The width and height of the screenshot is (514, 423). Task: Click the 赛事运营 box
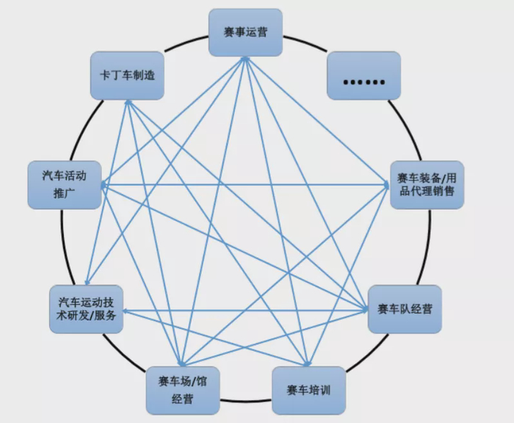click(245, 32)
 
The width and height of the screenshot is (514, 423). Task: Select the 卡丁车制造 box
click(127, 75)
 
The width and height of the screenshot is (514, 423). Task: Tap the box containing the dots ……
click(363, 76)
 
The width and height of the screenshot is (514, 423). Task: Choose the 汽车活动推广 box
click(64, 184)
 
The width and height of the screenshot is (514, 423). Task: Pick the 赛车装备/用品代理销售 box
click(426, 184)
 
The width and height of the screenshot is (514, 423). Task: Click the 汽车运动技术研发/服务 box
click(86, 309)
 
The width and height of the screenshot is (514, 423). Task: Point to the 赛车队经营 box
click(405, 308)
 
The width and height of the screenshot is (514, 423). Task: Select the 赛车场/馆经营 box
click(182, 390)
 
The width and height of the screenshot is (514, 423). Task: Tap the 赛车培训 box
click(308, 389)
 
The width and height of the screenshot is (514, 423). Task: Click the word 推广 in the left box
click(65, 194)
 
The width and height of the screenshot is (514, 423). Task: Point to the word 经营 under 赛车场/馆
click(182, 399)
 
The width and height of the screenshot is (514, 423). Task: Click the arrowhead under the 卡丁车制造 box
click(128, 103)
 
